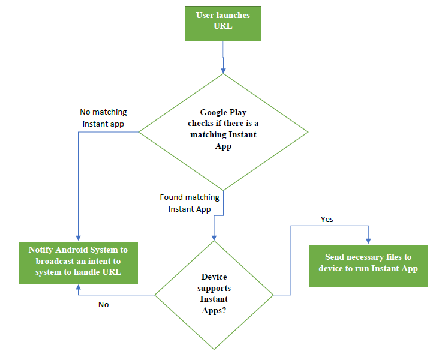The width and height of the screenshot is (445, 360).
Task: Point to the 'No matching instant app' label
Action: [103, 118]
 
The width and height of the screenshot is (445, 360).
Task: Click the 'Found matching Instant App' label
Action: [190, 203]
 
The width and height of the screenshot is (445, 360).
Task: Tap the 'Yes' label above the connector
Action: [327, 219]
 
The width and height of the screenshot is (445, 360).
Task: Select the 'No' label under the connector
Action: [104, 304]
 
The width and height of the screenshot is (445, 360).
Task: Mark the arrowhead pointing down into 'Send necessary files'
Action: [368, 241]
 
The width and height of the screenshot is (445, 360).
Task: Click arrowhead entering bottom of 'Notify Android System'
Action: [78, 287]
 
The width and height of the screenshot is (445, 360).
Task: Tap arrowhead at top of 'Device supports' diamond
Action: [214, 238]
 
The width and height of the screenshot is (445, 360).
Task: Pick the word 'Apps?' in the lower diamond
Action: [214, 310]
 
